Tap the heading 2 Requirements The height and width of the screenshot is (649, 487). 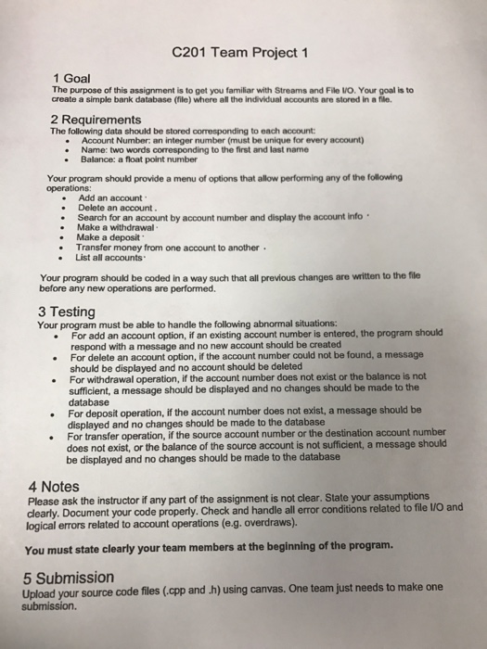pos(96,119)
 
